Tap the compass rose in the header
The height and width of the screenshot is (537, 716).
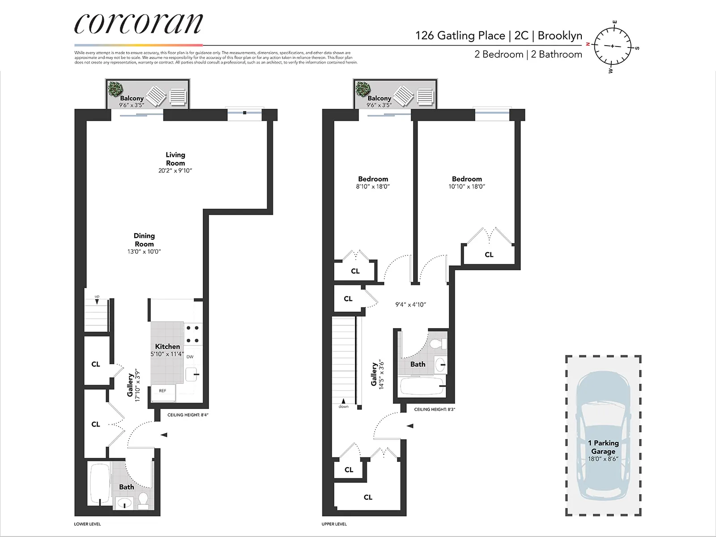pos(612,46)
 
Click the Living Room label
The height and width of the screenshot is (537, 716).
pos(175,159)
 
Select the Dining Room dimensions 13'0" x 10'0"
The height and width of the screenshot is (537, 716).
pos(144,252)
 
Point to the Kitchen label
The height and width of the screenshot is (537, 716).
pos(167,346)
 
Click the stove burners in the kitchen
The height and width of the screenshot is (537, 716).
pos(193,334)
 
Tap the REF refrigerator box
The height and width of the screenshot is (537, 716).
pos(163,391)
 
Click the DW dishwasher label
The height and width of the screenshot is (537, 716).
pos(190,357)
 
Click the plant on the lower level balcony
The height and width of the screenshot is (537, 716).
pos(115,89)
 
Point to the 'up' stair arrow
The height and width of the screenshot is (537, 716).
pos(97,300)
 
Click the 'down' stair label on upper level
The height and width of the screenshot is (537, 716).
pos(343,406)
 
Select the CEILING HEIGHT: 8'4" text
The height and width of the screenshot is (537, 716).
pos(188,415)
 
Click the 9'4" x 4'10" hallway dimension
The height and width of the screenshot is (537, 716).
pos(410,305)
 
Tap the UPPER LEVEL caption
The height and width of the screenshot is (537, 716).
pos(334,524)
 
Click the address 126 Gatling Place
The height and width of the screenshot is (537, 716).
pos(460,36)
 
